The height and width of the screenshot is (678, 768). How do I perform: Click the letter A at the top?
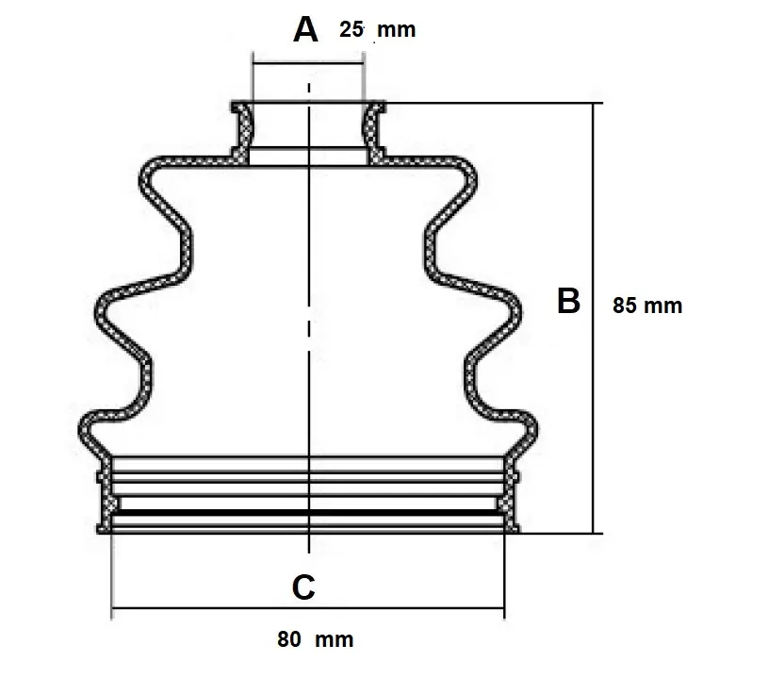click(305, 30)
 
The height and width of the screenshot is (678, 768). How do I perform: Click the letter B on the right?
click(568, 301)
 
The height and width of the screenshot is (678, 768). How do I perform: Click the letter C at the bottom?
click(303, 587)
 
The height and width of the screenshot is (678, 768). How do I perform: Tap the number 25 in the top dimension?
click(351, 29)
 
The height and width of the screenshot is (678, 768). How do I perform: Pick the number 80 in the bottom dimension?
click(289, 640)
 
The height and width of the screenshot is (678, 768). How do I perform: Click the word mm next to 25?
click(396, 30)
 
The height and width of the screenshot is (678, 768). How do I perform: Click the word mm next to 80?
click(335, 640)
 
